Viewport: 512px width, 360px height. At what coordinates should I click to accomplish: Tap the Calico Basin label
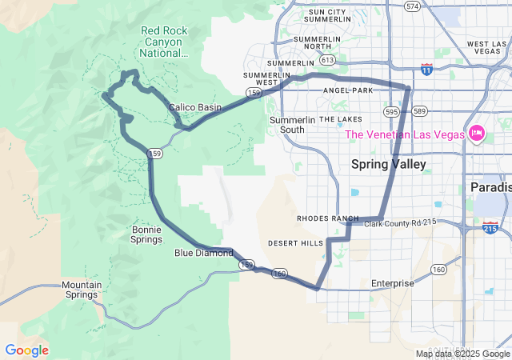coord(194,107)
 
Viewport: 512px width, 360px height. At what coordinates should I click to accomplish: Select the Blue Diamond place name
coord(203,253)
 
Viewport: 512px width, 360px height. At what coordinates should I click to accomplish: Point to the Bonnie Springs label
coord(146,234)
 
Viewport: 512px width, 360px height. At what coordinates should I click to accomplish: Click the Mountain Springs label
coord(82,290)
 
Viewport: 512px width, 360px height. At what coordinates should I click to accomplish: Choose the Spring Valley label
coord(389,164)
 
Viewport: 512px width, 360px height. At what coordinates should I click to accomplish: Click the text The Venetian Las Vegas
coord(404,134)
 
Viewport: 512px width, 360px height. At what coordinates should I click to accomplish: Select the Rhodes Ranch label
coord(328,218)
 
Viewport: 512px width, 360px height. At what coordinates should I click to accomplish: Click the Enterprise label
coord(392,283)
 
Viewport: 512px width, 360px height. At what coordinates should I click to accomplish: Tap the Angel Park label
coord(348,90)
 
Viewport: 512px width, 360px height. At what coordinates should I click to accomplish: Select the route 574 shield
coord(412,6)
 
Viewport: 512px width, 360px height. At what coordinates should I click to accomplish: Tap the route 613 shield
coord(326,59)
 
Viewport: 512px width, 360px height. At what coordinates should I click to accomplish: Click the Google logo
coord(26,350)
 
